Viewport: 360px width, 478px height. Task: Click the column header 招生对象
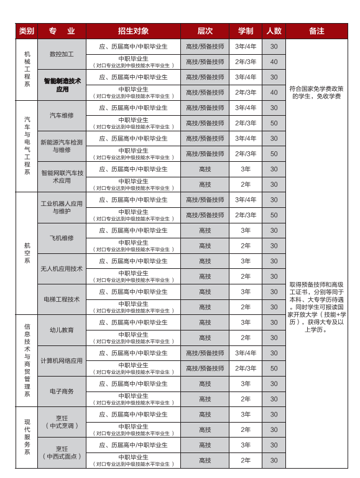pyautogui.click(x=133, y=31)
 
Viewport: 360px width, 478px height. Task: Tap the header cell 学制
pyautogui.click(x=245, y=31)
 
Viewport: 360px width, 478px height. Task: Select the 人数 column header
pyautogui.click(x=274, y=31)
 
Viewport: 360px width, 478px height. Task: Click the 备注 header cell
pyautogui.click(x=316, y=31)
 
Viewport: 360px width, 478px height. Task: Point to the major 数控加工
pyautogui.click(x=62, y=54)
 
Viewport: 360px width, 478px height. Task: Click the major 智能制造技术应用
pyautogui.click(x=62, y=85)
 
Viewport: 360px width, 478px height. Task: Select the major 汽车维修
pyautogui.click(x=62, y=115)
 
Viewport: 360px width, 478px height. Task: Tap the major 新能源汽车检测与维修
pyautogui.click(x=62, y=146)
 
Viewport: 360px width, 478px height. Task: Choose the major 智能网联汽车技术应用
pyautogui.click(x=62, y=176)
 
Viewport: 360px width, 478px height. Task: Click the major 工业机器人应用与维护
pyautogui.click(x=62, y=207)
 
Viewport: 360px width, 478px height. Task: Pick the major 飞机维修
pyautogui.click(x=62, y=238)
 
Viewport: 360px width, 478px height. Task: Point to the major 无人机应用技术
pyautogui.click(x=62, y=268)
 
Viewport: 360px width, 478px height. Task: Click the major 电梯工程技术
pyautogui.click(x=62, y=299)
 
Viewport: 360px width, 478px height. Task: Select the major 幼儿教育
pyautogui.click(x=62, y=330)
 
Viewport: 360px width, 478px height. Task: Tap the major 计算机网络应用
pyautogui.click(x=62, y=360)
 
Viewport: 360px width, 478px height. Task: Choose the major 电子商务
pyautogui.click(x=62, y=391)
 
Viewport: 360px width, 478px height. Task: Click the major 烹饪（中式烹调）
pyautogui.click(x=62, y=421)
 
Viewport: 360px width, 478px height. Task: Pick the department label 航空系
pyautogui.click(x=27, y=253)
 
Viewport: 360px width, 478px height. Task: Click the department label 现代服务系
pyautogui.click(x=27, y=437)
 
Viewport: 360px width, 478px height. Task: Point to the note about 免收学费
pyautogui.click(x=316, y=92)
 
